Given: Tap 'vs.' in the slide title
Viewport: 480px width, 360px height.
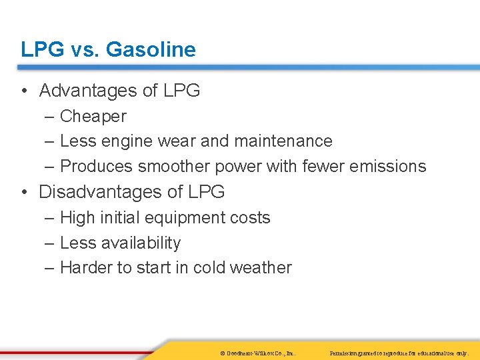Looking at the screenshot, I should (84, 49).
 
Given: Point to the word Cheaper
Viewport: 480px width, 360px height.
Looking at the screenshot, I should (93, 116).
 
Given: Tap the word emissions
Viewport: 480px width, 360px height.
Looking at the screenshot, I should (387, 166).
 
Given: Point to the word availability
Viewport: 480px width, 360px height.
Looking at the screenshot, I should (141, 243).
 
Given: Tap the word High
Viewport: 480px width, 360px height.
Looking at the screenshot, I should (77, 218).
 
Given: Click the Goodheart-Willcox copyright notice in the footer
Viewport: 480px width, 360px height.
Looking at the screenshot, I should (257, 352).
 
